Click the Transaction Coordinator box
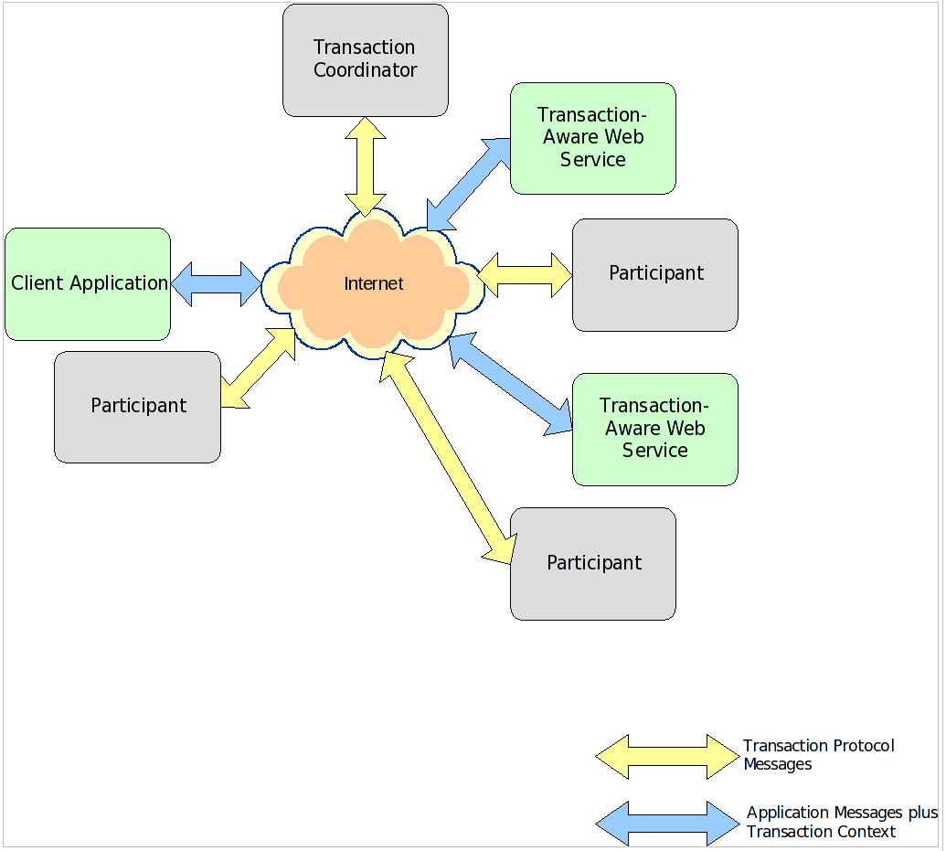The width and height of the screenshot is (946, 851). (x=365, y=59)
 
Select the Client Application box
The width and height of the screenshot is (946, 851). (x=88, y=284)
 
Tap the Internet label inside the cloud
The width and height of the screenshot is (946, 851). (x=373, y=283)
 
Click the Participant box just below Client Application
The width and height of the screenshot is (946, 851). (x=137, y=407)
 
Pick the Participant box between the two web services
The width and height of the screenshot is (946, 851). (x=654, y=274)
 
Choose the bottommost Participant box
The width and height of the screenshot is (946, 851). (x=592, y=564)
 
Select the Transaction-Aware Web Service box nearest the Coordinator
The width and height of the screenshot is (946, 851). (x=592, y=138)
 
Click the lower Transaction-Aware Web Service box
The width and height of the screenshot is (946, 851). (x=654, y=429)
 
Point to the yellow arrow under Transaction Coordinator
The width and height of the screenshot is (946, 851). (x=365, y=165)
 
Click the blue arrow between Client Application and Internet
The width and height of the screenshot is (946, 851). (x=217, y=284)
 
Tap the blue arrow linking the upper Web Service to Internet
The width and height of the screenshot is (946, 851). (x=469, y=184)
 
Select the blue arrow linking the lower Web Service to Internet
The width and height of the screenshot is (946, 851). (x=510, y=383)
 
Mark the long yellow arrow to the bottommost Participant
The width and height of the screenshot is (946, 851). (x=448, y=457)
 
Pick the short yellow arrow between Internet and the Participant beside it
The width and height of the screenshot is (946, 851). (x=525, y=274)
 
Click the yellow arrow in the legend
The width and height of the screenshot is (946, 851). (x=666, y=756)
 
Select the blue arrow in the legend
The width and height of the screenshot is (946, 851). (x=666, y=823)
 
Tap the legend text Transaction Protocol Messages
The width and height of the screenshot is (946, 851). (x=817, y=755)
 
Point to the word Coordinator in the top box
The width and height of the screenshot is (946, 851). (x=365, y=70)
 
